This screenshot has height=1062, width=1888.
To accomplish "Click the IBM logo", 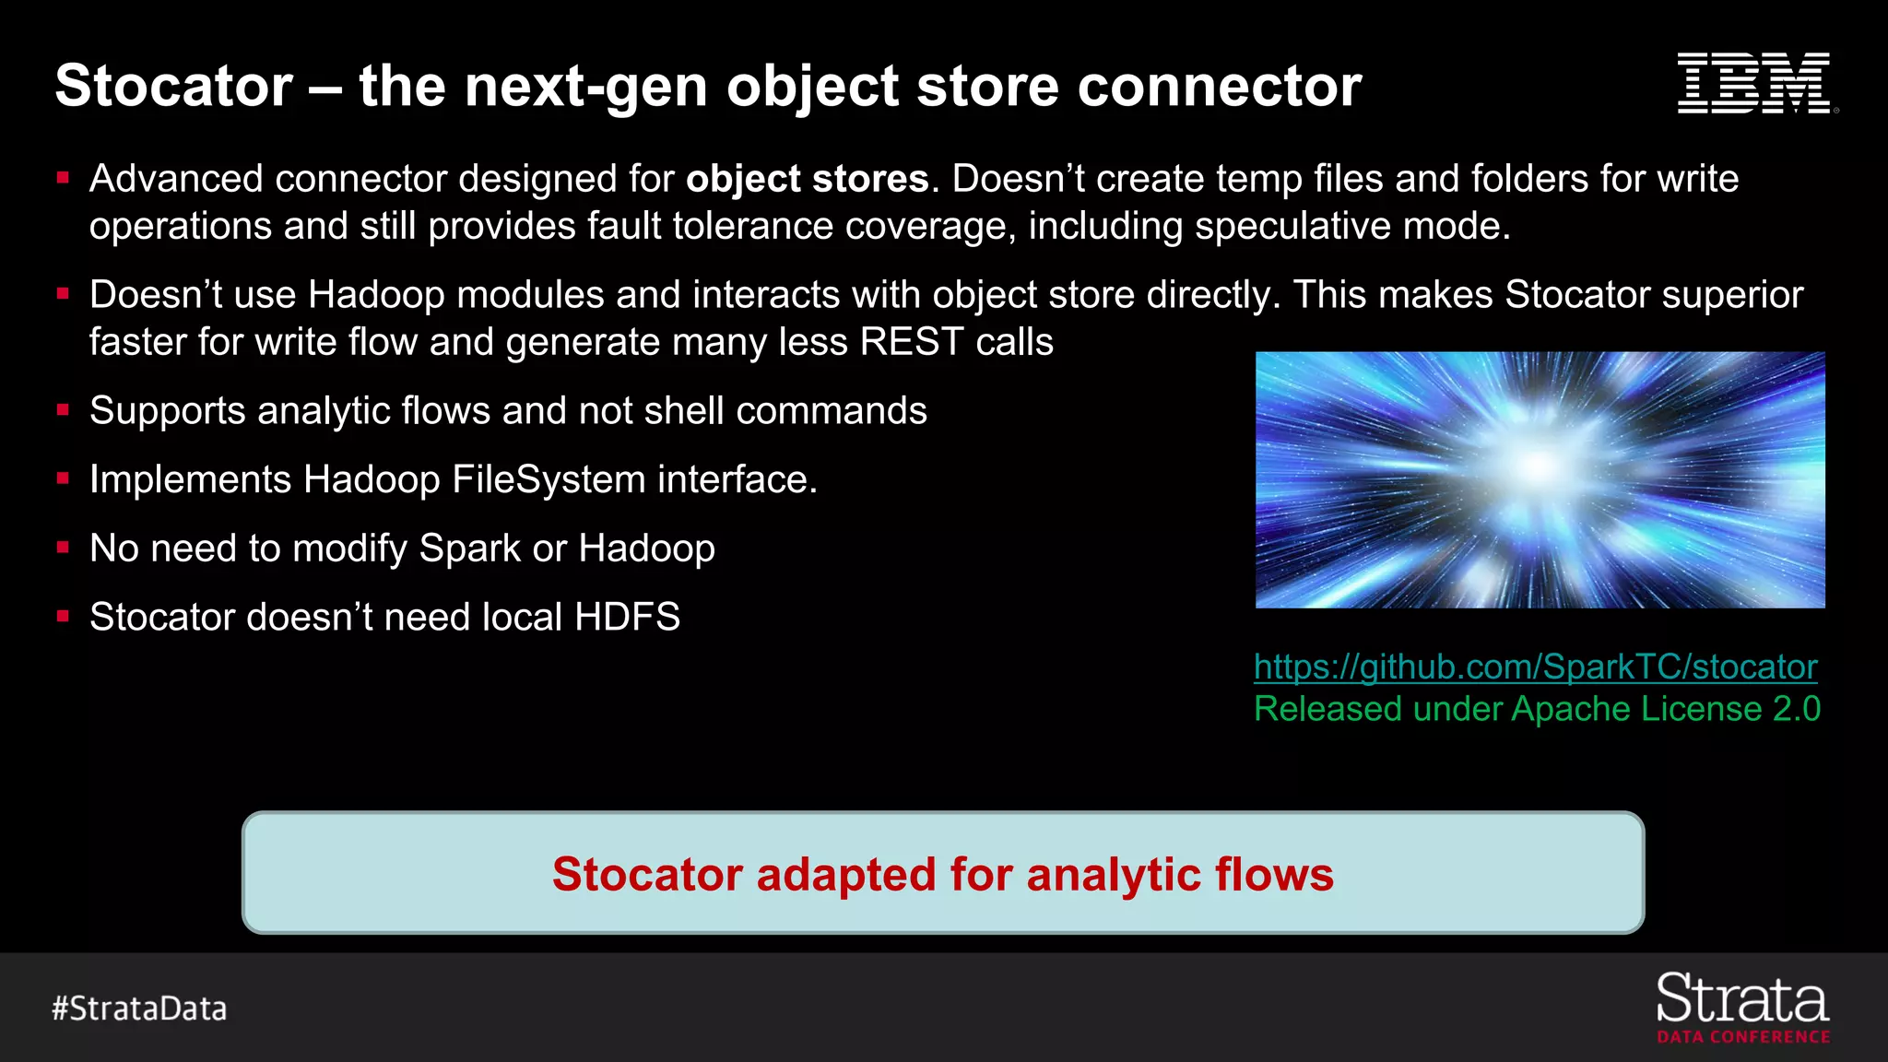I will coord(1755,84).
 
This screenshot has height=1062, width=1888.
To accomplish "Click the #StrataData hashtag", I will coord(139,1009).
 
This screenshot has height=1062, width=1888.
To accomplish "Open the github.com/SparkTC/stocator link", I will coord(1535,667).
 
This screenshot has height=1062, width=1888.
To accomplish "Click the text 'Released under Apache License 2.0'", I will coord(1537,709).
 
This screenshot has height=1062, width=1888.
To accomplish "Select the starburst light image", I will coord(1540,479).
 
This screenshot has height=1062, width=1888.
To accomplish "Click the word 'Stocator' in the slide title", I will coord(174,86).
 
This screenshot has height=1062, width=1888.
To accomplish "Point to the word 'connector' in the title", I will coord(1219,86).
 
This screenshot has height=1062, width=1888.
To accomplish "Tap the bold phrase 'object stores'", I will coord(807,179).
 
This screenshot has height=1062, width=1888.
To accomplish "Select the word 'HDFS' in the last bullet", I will coord(627,617).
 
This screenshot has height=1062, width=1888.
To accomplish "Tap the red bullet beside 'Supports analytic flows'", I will coord(63,409).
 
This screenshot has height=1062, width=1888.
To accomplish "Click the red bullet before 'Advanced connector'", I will coord(63,177).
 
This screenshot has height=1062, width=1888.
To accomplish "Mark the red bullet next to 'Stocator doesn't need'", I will coord(63,616).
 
